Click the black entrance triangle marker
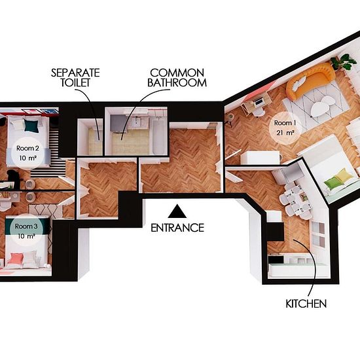tap(177, 211)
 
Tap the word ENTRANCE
tap(177, 228)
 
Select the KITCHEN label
tap(306, 304)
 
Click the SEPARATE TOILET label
tap(75, 78)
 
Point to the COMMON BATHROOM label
tap(177, 78)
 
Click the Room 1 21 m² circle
tap(285, 128)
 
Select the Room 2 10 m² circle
tap(27, 153)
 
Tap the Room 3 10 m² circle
tap(26, 230)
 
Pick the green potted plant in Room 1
tap(344, 62)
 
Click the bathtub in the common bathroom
tap(158, 136)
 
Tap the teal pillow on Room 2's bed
tap(31, 126)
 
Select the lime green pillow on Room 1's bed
tap(333, 183)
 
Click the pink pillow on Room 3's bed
tap(16, 259)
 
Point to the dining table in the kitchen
tap(298, 200)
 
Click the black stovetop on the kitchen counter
tap(276, 260)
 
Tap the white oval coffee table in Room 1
tap(321, 106)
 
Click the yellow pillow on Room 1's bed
tap(344, 175)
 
